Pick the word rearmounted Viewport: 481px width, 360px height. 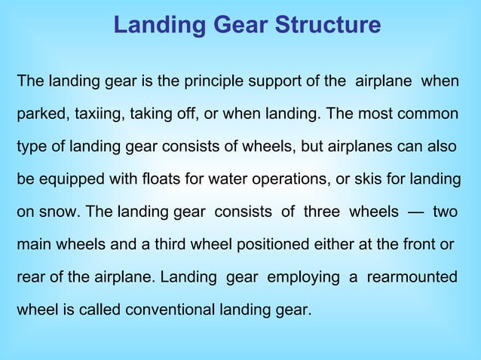(x=412, y=278)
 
